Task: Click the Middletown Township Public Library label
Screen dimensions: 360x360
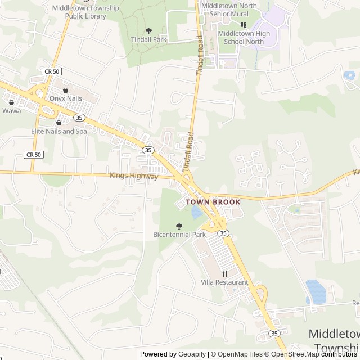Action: tap(85, 12)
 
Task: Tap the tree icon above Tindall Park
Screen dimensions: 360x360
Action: tap(148, 31)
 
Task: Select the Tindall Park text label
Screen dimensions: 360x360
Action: tap(148, 39)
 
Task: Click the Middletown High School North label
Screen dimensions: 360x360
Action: tap(244, 37)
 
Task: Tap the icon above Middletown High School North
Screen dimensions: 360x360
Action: tap(244, 25)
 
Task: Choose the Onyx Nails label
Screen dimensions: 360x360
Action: tap(66, 98)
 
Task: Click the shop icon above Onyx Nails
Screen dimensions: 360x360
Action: tap(66, 90)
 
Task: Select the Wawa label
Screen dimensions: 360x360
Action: tap(11, 110)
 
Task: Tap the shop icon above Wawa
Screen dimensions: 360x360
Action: tap(11, 102)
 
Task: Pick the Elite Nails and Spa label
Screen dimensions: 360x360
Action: tap(59, 131)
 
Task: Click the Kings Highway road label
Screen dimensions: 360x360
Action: tap(134, 176)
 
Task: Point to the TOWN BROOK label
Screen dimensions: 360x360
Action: tap(213, 201)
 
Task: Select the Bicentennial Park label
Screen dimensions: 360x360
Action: tap(179, 234)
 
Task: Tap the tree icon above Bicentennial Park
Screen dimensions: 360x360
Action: tap(179, 226)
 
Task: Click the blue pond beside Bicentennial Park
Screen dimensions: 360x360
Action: tap(196, 213)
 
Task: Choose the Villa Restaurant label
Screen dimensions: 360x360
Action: tap(224, 282)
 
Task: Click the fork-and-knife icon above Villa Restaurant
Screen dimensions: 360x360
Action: tap(224, 273)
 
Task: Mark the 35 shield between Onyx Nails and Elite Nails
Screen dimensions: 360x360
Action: tap(79, 118)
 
